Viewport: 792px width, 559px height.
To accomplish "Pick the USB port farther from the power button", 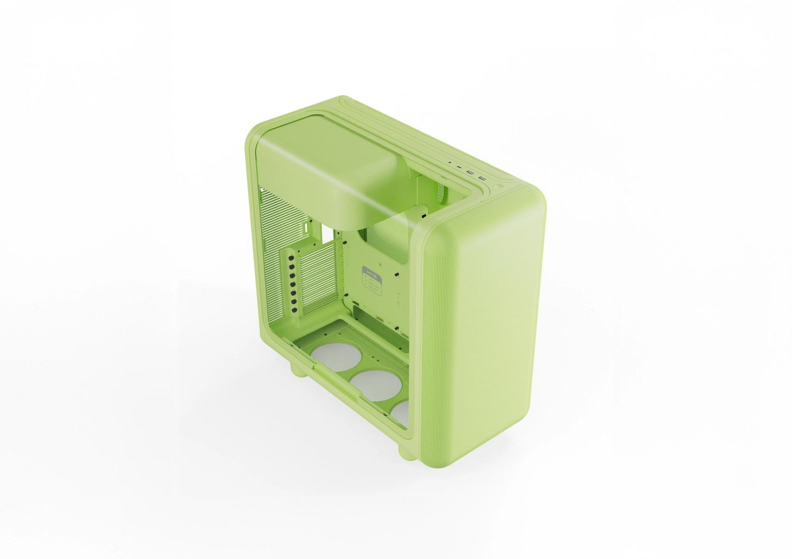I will pyautogui.click(x=470, y=172).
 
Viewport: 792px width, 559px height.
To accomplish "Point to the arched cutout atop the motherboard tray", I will pyautogui.click(x=384, y=233).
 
